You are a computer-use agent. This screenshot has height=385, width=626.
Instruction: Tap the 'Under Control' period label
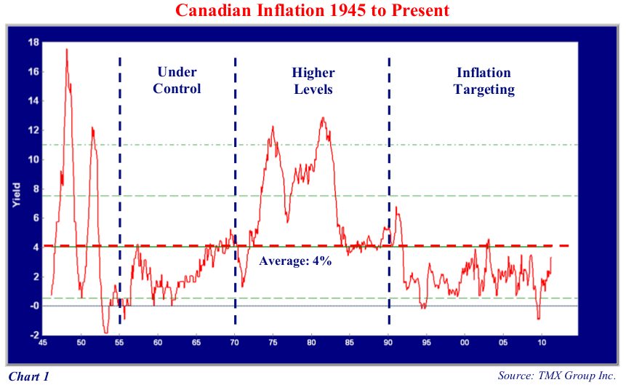[178, 80]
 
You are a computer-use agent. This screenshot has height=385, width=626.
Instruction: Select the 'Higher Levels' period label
[313, 80]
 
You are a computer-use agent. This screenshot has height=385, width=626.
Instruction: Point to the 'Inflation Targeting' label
[483, 80]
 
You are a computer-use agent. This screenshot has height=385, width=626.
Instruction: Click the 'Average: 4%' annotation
[295, 261]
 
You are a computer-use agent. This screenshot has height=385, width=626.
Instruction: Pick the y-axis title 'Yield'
[17, 195]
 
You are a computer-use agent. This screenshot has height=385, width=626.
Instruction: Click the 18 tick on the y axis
[33, 42]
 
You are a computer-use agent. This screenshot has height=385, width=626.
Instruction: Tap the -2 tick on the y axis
[33, 335]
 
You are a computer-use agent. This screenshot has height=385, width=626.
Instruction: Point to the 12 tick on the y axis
[33, 130]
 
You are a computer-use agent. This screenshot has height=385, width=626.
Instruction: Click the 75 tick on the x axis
[273, 342]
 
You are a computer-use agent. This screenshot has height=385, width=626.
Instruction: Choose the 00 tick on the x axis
[465, 342]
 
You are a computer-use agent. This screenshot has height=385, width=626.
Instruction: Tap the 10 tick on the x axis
[541, 342]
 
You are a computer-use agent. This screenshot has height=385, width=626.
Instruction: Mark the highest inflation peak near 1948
[67, 49]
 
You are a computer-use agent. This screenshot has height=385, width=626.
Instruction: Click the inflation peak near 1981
[322, 118]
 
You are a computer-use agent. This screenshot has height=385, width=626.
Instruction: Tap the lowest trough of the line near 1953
[105, 333]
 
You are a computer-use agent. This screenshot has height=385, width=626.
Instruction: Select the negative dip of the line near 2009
[539, 318]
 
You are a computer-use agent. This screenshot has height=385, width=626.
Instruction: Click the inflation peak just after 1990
[396, 207]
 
